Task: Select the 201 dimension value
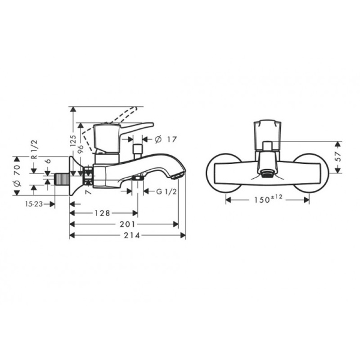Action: click(125, 224)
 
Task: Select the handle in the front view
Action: click(267, 132)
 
